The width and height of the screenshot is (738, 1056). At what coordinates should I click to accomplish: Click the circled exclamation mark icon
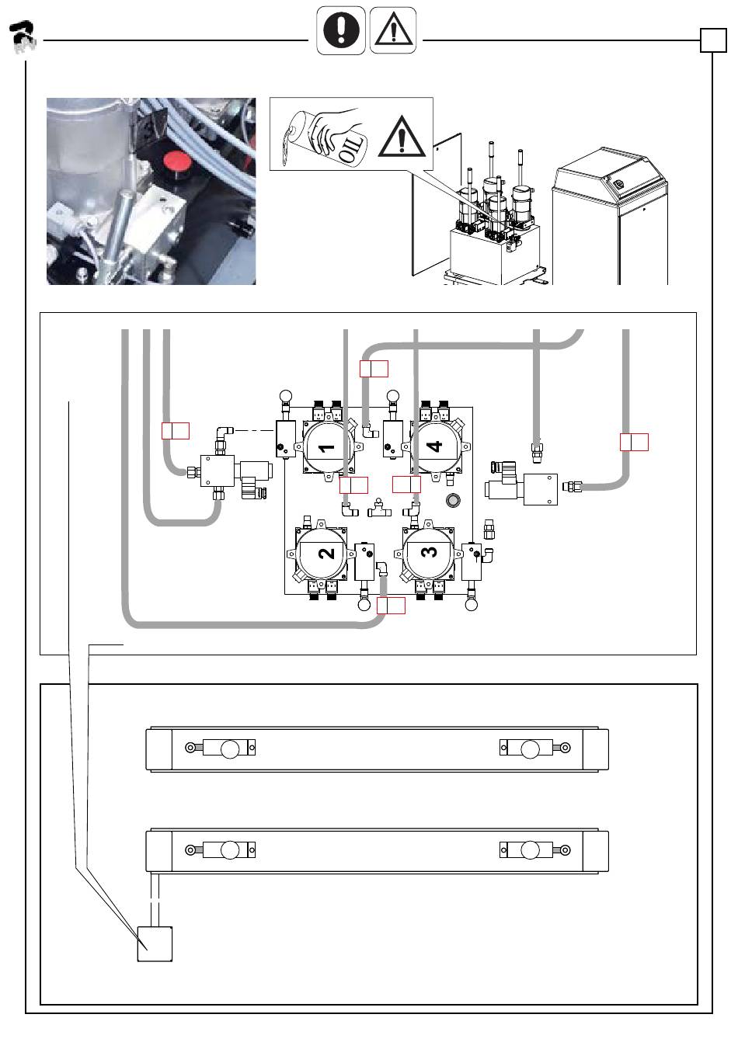click(341, 30)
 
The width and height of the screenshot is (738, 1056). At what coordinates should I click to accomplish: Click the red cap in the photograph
click(177, 162)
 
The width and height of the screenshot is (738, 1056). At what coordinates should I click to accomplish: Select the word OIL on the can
click(353, 148)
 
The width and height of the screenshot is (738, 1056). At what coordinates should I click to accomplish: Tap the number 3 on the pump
click(429, 551)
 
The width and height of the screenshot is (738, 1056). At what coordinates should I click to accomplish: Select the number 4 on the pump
click(434, 446)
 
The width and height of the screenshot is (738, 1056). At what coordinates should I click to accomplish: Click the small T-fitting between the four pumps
click(379, 509)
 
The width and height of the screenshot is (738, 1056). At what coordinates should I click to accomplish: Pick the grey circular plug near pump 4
click(453, 500)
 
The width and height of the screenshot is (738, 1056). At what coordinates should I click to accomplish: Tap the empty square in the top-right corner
click(713, 40)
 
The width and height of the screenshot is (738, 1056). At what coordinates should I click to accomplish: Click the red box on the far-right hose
click(634, 443)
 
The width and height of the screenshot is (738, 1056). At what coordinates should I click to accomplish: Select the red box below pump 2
click(391, 606)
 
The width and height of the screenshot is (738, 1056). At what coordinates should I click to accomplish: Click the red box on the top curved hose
click(374, 369)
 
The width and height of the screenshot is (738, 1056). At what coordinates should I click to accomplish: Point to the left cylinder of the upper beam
click(221, 749)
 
